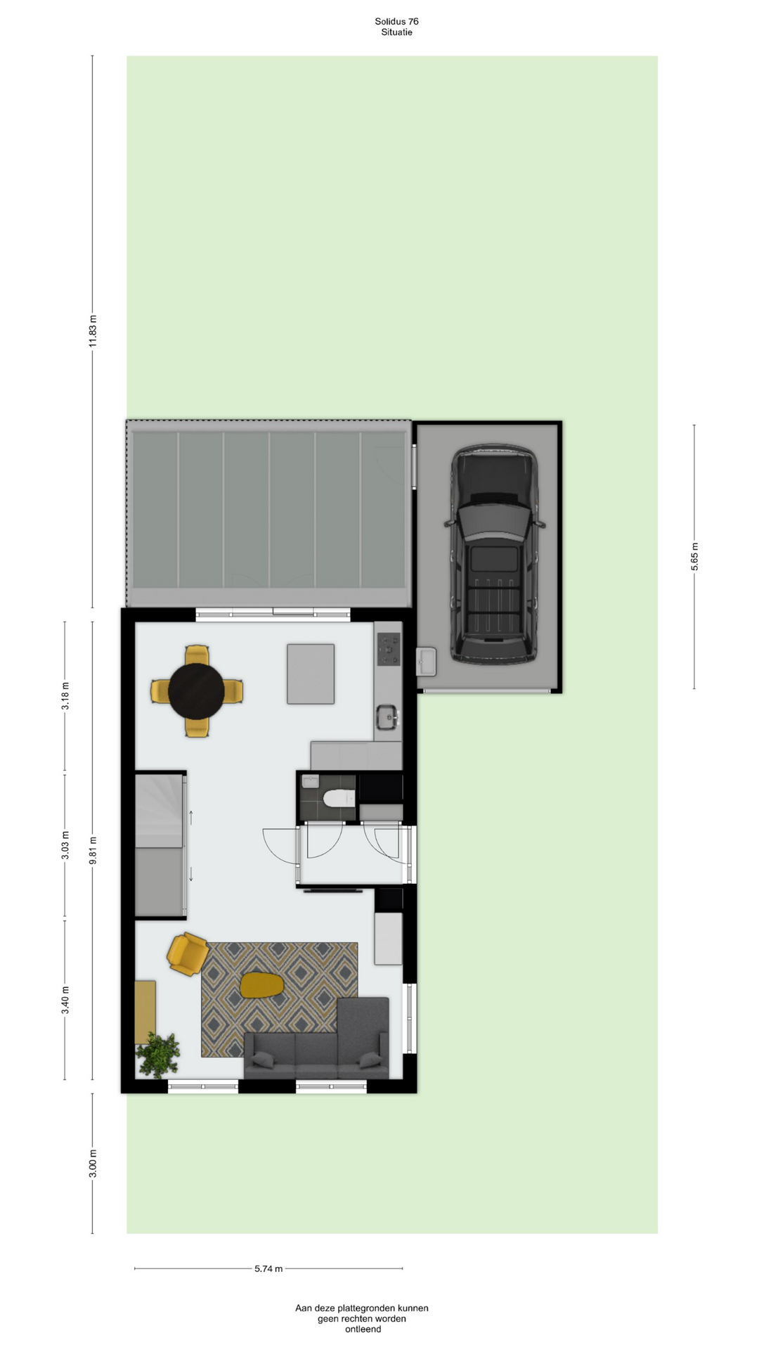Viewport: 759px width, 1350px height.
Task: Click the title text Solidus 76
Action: pyautogui.click(x=396, y=22)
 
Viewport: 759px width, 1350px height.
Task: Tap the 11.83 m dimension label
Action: pyautogui.click(x=93, y=331)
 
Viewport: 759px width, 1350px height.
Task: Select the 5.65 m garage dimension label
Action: pyautogui.click(x=694, y=557)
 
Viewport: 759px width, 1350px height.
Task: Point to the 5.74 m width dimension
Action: pyautogui.click(x=268, y=1268)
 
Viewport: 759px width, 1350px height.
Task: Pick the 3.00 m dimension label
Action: pyautogui.click(x=93, y=1164)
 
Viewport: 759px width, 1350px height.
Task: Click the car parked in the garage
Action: pyautogui.click(x=495, y=554)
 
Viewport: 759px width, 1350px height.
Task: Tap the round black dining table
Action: pyautogui.click(x=196, y=691)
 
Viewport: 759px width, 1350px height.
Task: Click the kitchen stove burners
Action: pyautogui.click(x=389, y=649)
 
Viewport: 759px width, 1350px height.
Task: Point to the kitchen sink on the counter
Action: pyautogui.click(x=387, y=717)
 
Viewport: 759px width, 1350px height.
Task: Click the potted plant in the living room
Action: pyautogui.click(x=158, y=1055)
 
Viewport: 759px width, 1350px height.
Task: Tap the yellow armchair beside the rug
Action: pyautogui.click(x=188, y=954)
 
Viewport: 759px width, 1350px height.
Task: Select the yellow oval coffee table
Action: pyautogui.click(x=261, y=984)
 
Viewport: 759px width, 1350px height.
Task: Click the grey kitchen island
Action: pyautogui.click(x=311, y=674)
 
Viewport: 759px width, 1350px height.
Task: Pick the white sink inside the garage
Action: pyautogui.click(x=426, y=662)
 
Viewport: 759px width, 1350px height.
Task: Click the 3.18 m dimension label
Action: pyautogui.click(x=65, y=696)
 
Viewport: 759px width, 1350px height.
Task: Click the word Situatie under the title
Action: pyautogui.click(x=396, y=32)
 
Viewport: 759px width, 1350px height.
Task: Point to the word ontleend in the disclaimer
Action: pyautogui.click(x=363, y=1330)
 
